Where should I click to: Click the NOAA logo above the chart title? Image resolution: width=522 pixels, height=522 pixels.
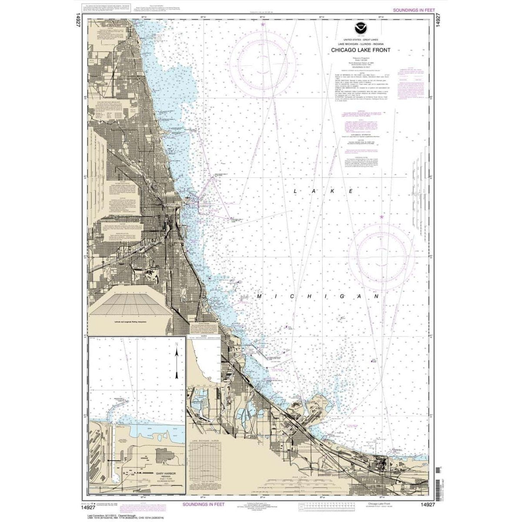(x=361, y=29)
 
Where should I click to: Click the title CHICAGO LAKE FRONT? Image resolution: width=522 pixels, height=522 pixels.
(x=361, y=50)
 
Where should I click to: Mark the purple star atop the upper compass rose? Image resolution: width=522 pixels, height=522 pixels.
(x=263, y=25)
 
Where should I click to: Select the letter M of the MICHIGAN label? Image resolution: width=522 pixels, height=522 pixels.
(x=259, y=296)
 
